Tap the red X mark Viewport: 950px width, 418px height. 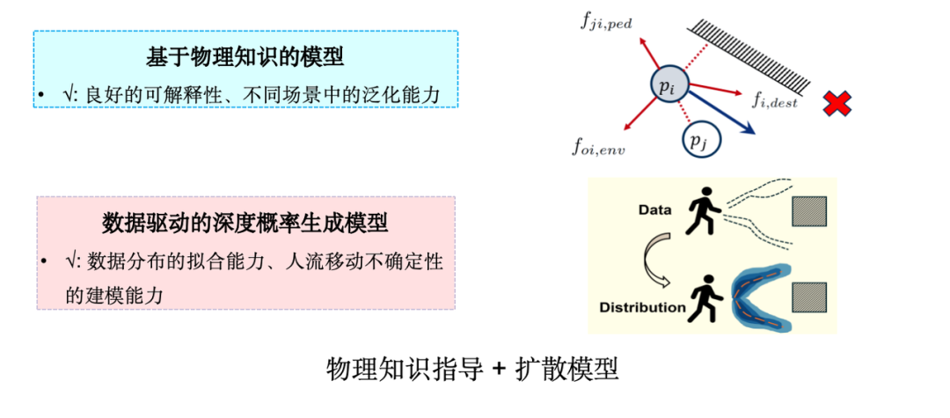click(x=837, y=105)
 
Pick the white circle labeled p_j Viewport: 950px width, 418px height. click(x=700, y=138)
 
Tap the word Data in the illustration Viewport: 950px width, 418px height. click(x=654, y=210)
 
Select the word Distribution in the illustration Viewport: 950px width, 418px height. click(x=641, y=307)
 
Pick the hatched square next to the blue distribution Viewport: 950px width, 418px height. click(x=808, y=297)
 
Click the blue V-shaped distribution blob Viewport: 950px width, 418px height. click(x=756, y=299)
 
